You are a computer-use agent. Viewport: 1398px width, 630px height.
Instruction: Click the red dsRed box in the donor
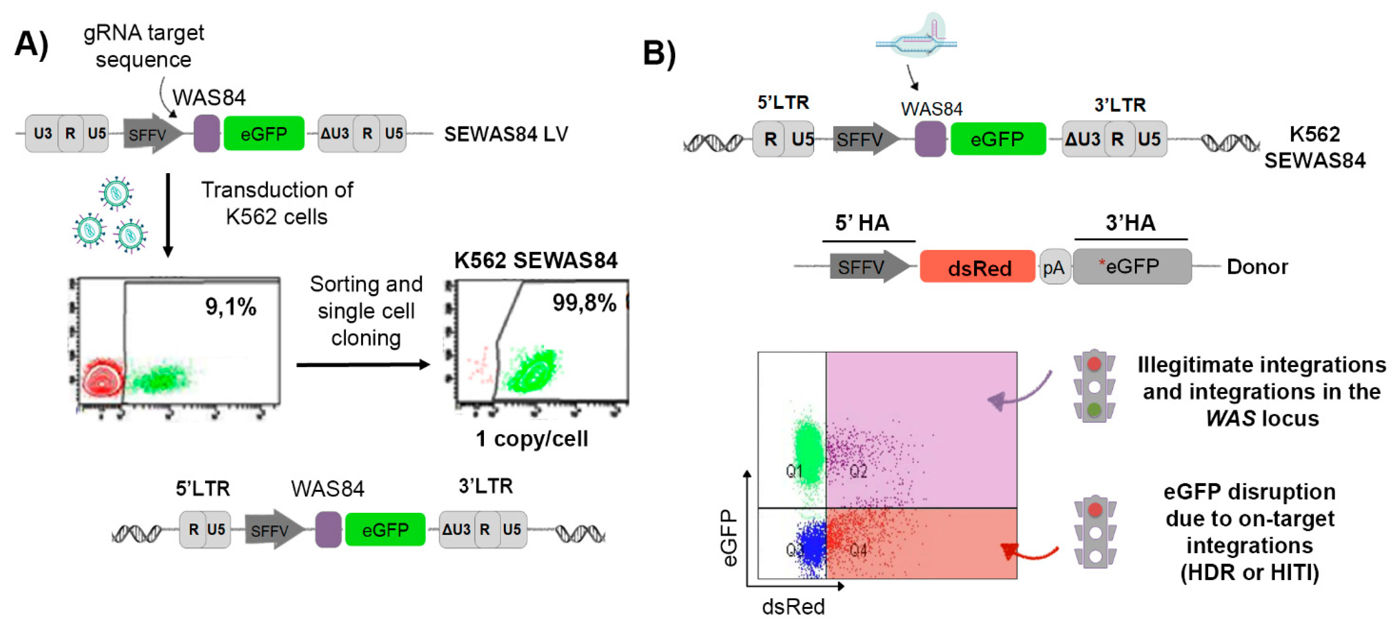coord(977,267)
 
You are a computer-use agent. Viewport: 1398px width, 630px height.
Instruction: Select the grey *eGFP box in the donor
coord(1131,266)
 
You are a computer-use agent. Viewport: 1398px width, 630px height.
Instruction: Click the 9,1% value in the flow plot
coord(230,307)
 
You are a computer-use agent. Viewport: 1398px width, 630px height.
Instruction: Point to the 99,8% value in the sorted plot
coord(584,303)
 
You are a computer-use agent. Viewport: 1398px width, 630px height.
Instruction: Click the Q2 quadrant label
coord(858,471)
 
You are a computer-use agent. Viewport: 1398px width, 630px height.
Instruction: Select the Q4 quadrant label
coord(858,550)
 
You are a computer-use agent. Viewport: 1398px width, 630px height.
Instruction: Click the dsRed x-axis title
coord(793,607)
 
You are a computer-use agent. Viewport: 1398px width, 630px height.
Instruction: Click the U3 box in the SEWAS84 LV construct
coord(43,134)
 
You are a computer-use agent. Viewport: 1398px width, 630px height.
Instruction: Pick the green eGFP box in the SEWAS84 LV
coord(264,134)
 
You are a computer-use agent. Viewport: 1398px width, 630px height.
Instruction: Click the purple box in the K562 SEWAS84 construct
coord(930,139)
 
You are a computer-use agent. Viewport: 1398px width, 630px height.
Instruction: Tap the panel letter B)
coord(659,53)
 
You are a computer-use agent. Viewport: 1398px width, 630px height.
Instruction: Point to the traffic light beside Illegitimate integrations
coord(1094,385)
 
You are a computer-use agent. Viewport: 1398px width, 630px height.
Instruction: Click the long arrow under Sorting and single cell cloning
coord(363,365)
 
